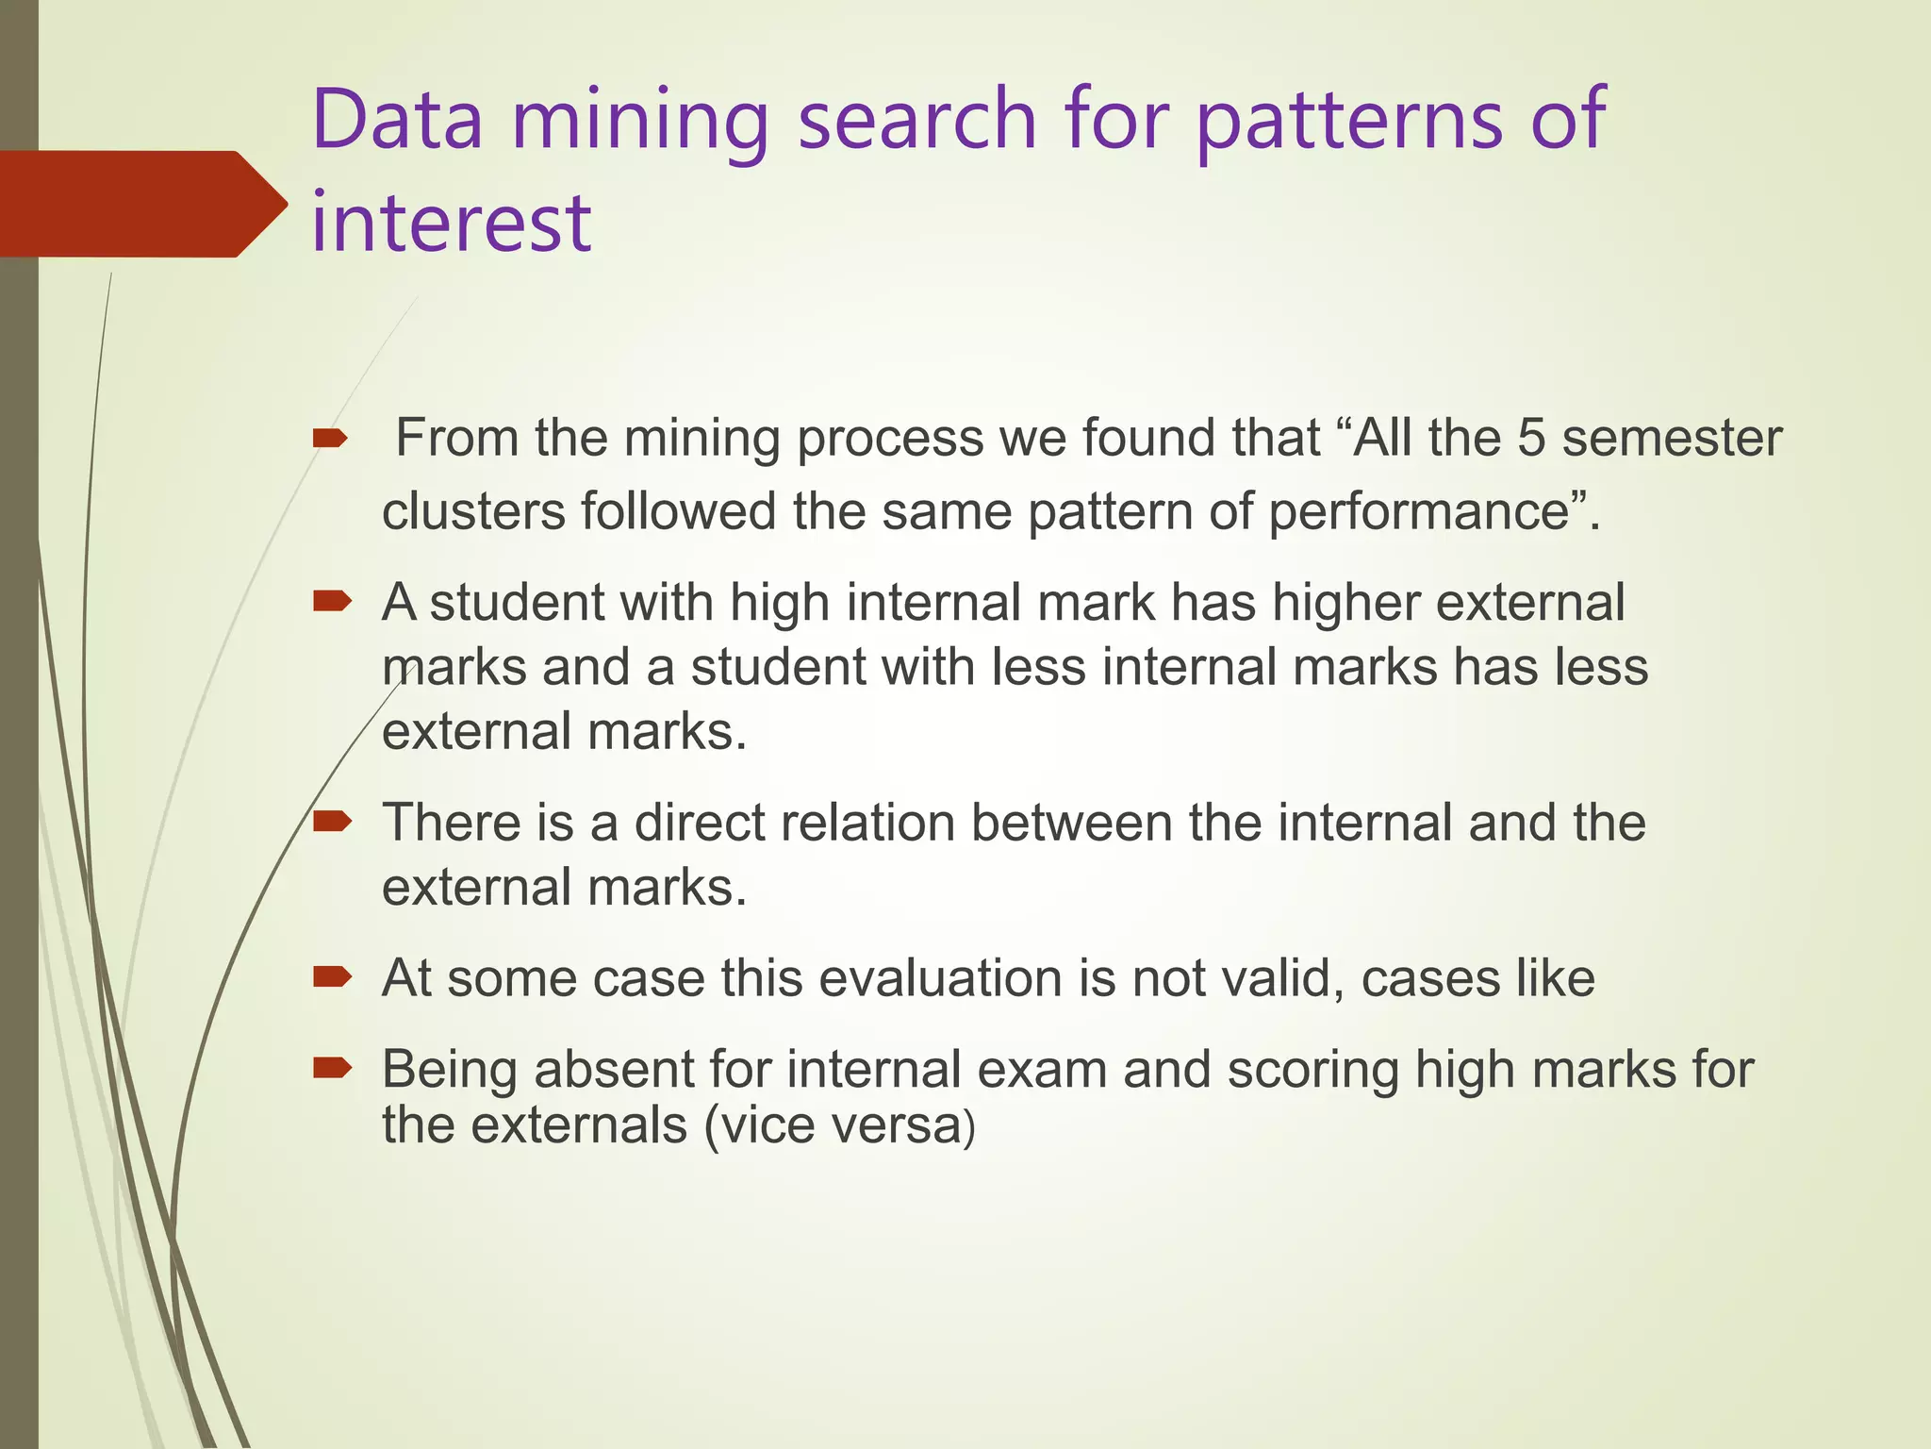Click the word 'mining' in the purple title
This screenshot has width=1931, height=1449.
click(x=640, y=123)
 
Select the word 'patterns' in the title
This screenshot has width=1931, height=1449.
click(x=1349, y=123)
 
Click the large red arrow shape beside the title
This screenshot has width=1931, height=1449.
click(x=141, y=204)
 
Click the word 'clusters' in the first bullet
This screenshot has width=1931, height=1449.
click(x=473, y=511)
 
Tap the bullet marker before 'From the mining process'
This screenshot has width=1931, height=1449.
click(x=330, y=438)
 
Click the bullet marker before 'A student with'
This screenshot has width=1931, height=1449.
click(x=331, y=601)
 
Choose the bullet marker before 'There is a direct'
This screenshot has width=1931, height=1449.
click(x=331, y=822)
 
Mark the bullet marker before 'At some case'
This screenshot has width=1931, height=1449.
click(x=331, y=976)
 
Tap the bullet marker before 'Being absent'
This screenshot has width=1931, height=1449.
click(x=331, y=1068)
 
